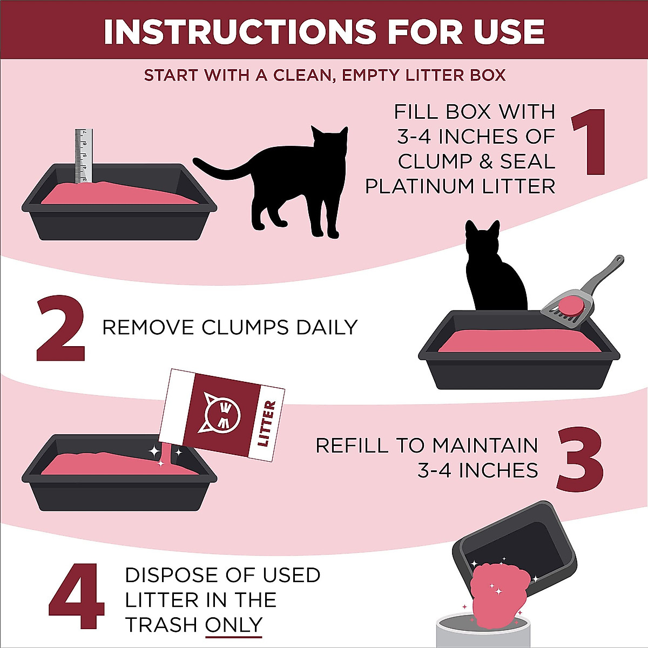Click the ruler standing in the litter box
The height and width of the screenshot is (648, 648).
(x=83, y=157)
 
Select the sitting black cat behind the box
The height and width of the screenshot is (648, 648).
(x=494, y=270)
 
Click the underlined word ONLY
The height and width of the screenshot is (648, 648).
(x=233, y=625)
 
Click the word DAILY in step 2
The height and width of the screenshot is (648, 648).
(x=326, y=328)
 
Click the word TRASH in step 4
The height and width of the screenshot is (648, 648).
(x=161, y=625)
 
